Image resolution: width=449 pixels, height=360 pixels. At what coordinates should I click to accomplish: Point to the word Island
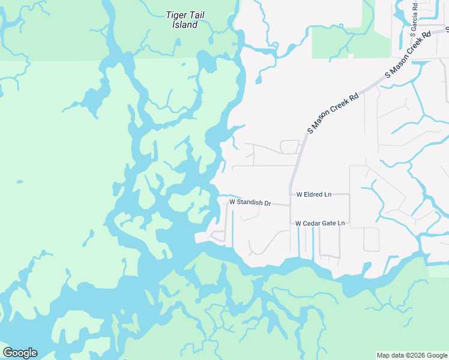click(x=185, y=25)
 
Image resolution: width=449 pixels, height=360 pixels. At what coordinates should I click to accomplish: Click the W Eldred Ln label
click(x=313, y=194)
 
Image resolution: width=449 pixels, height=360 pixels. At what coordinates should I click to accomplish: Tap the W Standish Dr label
click(x=250, y=203)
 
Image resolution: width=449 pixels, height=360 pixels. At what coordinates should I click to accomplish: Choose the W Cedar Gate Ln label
click(x=320, y=223)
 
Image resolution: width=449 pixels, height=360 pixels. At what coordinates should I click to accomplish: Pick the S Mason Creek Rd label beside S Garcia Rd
click(x=409, y=54)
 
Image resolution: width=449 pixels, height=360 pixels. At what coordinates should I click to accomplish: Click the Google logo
click(x=20, y=353)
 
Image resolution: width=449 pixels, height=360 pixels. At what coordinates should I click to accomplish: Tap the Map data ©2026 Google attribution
click(x=411, y=355)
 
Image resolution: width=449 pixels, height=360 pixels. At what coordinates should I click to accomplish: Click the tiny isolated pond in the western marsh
click(x=20, y=182)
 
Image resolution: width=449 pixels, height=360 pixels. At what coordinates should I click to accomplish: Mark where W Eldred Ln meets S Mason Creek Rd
click(x=291, y=194)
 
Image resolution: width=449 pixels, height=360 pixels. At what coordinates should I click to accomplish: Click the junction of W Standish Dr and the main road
click(x=290, y=205)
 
